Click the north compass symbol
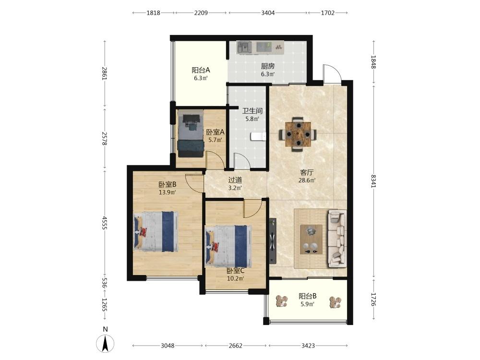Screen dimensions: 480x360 105,344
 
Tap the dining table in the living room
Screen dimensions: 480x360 298,134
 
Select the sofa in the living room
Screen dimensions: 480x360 337,238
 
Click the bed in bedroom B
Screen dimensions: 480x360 156,232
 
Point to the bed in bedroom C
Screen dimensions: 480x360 229,246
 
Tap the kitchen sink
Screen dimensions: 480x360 244,48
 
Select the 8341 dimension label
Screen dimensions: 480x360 373,181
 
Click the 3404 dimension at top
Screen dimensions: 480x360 268,13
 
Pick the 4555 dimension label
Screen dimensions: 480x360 105,223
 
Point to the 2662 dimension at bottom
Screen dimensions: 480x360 235,346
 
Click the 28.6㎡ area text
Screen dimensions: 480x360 307,180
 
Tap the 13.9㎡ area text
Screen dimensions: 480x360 167,192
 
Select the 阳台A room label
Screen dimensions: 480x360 201,70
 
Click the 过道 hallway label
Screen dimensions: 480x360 235,180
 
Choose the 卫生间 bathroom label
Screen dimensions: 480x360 252,111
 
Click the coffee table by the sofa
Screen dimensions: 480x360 311,240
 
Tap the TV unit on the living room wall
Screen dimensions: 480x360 273,240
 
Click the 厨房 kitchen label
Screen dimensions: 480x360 267,66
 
